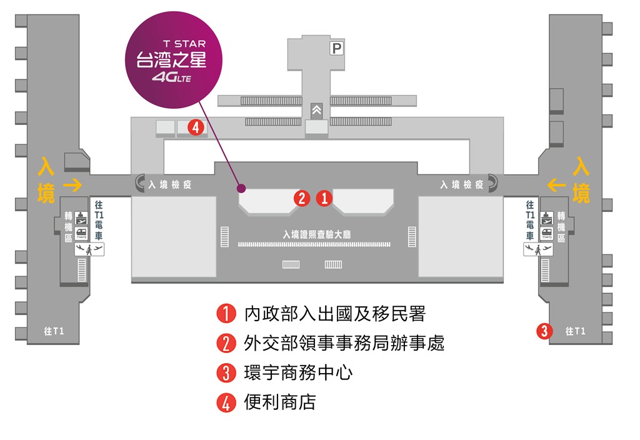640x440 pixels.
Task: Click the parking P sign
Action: [337, 48]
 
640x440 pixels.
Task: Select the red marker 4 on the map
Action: [196, 127]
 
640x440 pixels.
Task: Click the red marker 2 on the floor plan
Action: [302, 199]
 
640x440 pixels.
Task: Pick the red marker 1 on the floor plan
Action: [324, 199]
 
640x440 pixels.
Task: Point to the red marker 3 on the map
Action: [545, 331]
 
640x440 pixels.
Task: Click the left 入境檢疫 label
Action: [170, 185]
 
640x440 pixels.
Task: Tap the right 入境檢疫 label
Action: [462, 184]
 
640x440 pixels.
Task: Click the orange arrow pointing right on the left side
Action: [72, 184]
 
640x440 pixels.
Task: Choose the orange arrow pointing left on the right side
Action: [556, 184]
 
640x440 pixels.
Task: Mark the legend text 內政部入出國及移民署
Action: [334, 314]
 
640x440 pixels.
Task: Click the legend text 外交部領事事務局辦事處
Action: [344, 343]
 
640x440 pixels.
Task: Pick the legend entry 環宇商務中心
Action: [298, 373]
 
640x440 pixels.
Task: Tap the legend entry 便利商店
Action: [279, 402]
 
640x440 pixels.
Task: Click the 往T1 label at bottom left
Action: [54, 331]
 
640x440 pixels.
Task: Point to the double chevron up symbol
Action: [317, 110]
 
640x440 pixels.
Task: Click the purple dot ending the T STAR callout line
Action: [241, 188]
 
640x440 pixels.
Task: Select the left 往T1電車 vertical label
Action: [99, 220]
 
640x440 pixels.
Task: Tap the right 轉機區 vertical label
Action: [561, 227]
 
